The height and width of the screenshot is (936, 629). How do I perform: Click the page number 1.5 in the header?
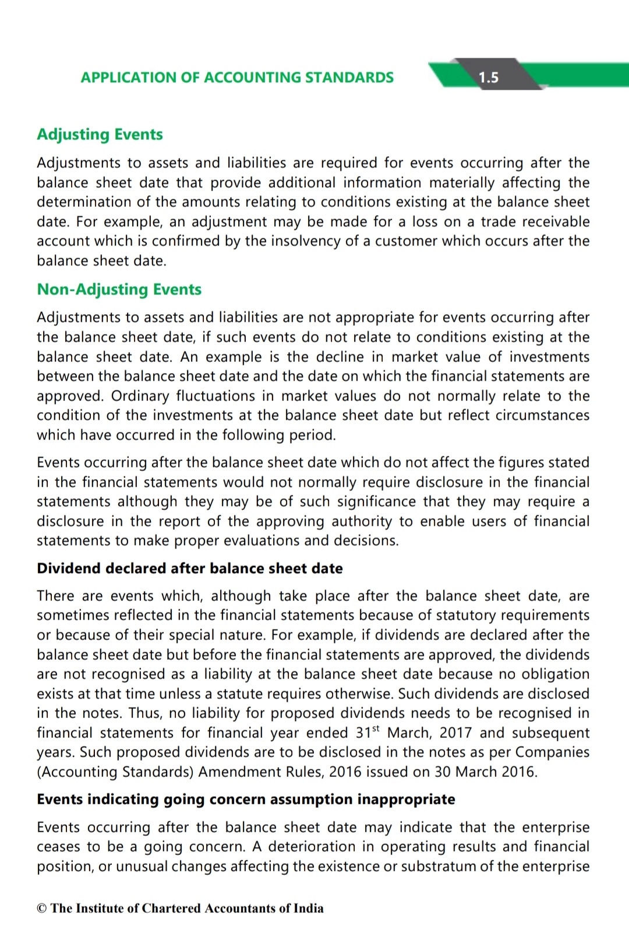[488, 78]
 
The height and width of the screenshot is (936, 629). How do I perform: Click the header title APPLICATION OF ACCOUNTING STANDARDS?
[237, 78]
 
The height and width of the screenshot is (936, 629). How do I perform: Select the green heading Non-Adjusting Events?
[119, 290]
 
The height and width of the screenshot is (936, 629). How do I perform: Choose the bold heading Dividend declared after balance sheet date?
[190, 569]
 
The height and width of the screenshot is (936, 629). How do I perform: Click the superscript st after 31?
[376, 729]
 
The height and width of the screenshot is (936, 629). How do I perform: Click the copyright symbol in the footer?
[41, 909]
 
